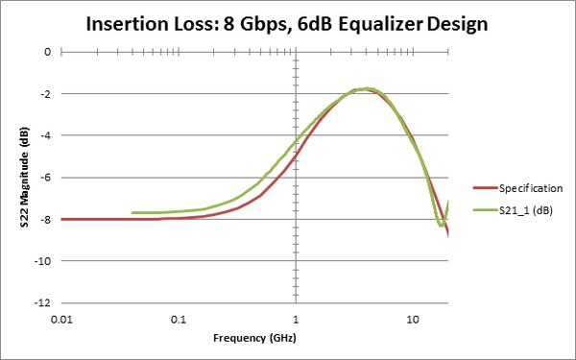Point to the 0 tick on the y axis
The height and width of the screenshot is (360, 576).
(x=44, y=52)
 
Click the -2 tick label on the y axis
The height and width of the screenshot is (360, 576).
(x=42, y=94)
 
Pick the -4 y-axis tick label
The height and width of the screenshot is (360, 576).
(x=42, y=135)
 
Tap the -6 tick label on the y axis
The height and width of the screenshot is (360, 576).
(x=42, y=178)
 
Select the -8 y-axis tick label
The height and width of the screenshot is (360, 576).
(x=42, y=219)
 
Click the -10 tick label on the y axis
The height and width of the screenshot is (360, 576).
(x=40, y=261)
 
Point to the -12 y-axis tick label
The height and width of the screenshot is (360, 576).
(x=40, y=302)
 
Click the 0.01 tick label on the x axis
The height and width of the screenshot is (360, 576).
(x=61, y=318)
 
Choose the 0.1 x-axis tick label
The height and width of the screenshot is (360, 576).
(x=179, y=318)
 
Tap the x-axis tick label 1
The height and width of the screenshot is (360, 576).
(x=296, y=318)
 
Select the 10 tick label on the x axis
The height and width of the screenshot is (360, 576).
(x=412, y=318)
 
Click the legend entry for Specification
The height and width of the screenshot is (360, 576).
(x=522, y=189)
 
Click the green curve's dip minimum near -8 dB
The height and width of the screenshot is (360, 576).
(x=441, y=225)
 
